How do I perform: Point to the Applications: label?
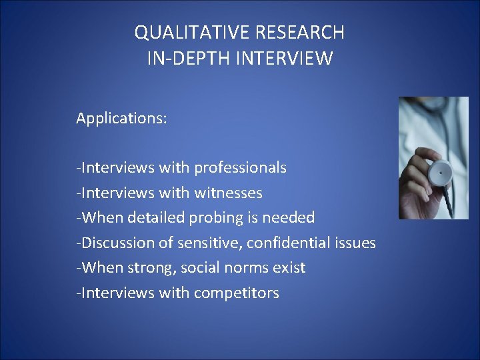click(121, 119)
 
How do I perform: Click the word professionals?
click(241, 168)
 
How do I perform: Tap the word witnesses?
click(229, 193)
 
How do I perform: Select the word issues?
click(355, 243)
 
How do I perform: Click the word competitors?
click(237, 293)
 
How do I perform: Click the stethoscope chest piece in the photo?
click(439, 172)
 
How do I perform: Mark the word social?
click(202, 268)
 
